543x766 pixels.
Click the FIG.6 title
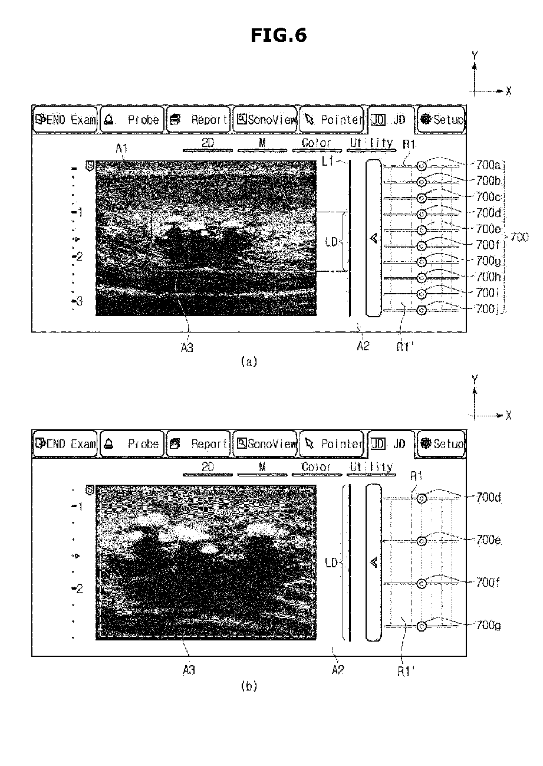[x=279, y=35]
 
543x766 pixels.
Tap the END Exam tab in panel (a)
[x=65, y=119]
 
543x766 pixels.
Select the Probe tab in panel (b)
[x=131, y=443]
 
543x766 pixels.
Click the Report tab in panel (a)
[x=198, y=119]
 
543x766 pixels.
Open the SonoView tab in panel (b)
[x=265, y=443]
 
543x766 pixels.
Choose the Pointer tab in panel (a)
[x=331, y=119]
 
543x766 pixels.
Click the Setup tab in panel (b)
[x=441, y=443]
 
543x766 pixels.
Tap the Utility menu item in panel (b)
[x=371, y=467]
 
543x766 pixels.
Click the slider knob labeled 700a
[x=422, y=166]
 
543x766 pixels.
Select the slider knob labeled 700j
[x=422, y=310]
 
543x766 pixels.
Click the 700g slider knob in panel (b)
[x=422, y=626]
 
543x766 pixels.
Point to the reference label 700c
[x=488, y=196]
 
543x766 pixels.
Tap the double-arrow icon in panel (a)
[x=374, y=238]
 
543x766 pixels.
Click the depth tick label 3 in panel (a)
[x=80, y=301]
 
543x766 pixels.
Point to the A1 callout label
[x=121, y=149]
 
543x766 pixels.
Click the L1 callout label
[x=328, y=161]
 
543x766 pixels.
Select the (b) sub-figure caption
[x=249, y=686]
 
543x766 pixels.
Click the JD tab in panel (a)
[x=391, y=119]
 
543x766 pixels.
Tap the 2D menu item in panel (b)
[x=208, y=467]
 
